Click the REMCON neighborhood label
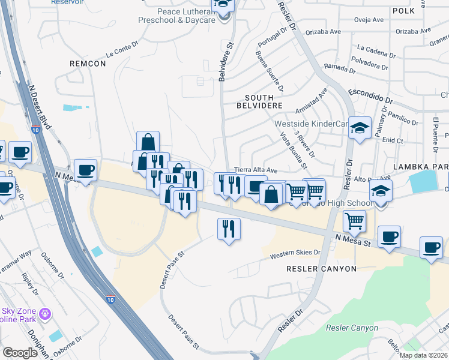pos(88,63)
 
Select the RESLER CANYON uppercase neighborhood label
pos(321,269)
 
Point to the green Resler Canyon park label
pos(352,328)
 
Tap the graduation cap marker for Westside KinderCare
pos(360,128)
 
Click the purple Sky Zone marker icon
pos(44,313)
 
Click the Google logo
pos(20,353)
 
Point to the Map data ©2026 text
pos(423,355)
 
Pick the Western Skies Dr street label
pos(295,254)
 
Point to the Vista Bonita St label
pos(294,151)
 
